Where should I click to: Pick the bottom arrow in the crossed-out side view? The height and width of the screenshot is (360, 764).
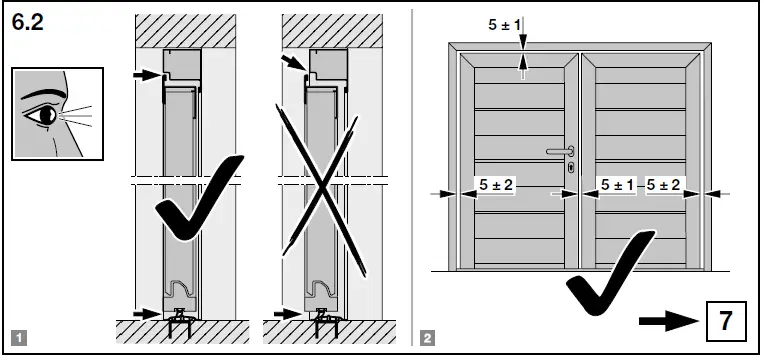pos(289,313)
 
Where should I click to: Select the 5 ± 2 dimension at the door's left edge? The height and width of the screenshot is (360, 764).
pos(495,185)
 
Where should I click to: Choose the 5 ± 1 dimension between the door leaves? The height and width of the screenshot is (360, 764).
pos(617,185)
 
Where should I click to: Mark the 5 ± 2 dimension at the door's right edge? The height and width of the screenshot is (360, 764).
pos(664,185)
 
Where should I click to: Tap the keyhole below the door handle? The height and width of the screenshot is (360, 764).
pos(569,168)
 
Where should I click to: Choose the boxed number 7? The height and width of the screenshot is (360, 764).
pos(726,322)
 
